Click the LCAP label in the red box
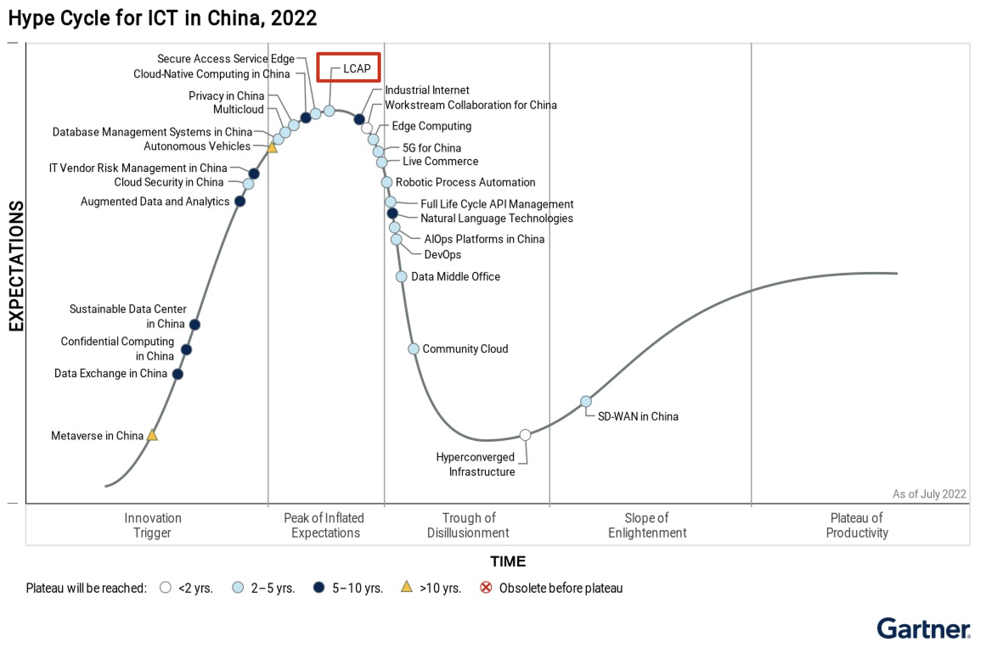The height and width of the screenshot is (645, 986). coord(356,68)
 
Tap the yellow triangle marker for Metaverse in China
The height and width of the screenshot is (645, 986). coord(152,435)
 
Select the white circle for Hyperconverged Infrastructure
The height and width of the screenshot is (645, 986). coord(525,435)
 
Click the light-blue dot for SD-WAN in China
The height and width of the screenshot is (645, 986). coord(586,401)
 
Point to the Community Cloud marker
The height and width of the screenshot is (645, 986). coord(413,349)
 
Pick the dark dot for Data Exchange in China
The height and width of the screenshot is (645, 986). coord(178,374)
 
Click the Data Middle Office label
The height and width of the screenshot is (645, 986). coord(455,277)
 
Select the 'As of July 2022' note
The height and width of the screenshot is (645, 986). coord(929,494)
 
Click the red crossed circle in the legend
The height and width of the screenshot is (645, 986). coord(486,588)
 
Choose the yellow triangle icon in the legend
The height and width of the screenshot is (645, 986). coord(406,587)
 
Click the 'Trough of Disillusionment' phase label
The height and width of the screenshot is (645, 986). coord(468,525)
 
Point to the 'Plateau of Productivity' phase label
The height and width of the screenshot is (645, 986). coord(856,525)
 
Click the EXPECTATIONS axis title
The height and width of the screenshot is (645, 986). coord(16,266)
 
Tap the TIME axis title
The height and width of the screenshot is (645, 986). coord(508,561)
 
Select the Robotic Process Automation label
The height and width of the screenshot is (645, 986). coord(465,182)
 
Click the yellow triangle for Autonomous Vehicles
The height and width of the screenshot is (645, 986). coord(272,148)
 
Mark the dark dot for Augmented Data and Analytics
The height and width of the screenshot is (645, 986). coord(240,201)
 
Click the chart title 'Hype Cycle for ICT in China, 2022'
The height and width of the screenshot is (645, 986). coord(162,18)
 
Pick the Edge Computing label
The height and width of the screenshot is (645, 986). coord(431,126)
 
